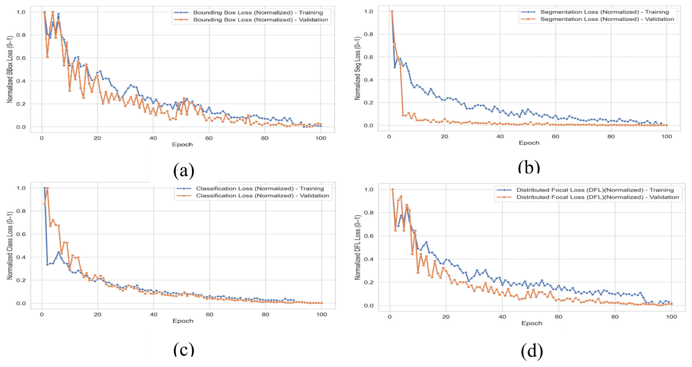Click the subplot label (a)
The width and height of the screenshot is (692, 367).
[x=183, y=171]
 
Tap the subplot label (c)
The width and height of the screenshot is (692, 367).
[x=183, y=348]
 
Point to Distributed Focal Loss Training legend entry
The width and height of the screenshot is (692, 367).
[x=586, y=190]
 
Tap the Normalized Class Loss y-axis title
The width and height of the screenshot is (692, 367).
[x=10, y=246]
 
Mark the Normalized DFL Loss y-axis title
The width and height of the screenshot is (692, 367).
[x=357, y=247]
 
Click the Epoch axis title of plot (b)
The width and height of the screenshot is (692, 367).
[x=528, y=143]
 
